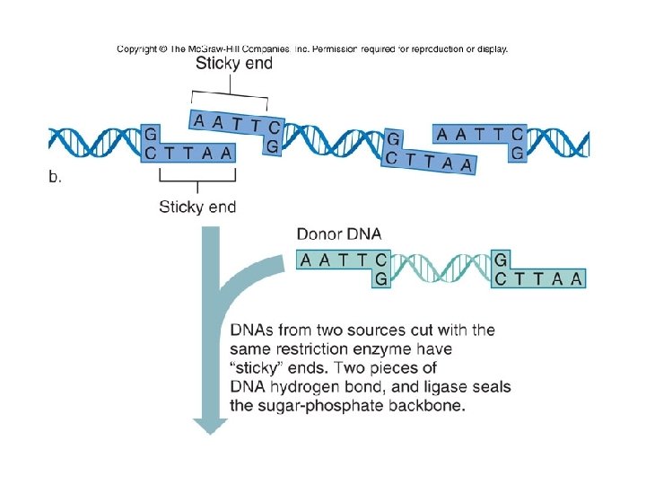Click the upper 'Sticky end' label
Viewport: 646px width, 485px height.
(234, 64)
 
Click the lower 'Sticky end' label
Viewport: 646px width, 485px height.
(197, 207)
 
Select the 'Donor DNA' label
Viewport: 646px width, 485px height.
(339, 234)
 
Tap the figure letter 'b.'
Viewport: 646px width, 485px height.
(56, 177)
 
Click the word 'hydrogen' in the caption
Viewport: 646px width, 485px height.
(304, 387)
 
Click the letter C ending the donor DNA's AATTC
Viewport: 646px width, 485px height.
(380, 260)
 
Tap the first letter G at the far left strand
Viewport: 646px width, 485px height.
(150, 135)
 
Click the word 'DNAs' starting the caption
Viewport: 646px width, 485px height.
(252, 330)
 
